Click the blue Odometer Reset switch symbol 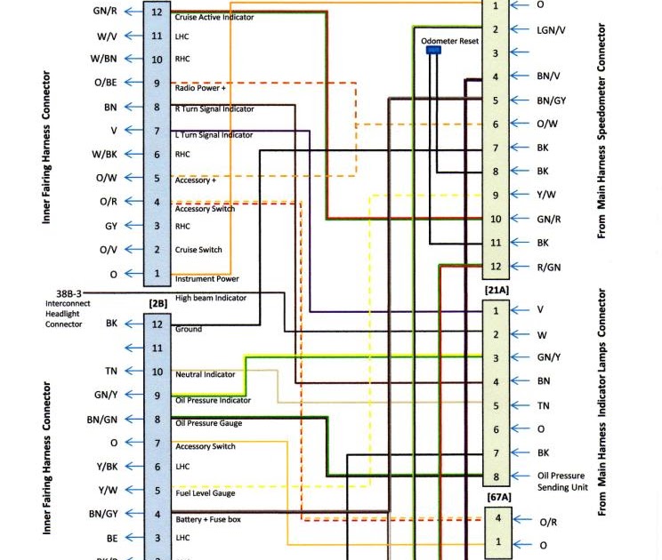pyautogui.click(x=433, y=51)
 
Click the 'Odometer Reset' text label pyautogui.click(x=449, y=41)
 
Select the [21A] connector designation pyautogui.click(x=496, y=290)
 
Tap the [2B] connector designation pyautogui.click(x=158, y=303)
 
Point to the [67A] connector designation pyautogui.click(x=498, y=498)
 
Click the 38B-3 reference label pyautogui.click(x=69, y=292)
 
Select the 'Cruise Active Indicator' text pyautogui.click(x=214, y=17)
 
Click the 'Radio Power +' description pyautogui.click(x=200, y=88)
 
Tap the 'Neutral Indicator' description pyautogui.click(x=206, y=374)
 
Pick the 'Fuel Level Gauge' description pyautogui.click(x=206, y=493)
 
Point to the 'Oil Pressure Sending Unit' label pyautogui.click(x=561, y=482)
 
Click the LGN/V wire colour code pyautogui.click(x=552, y=29)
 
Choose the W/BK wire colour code pyautogui.click(x=104, y=155)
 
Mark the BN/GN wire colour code pyautogui.click(x=102, y=420)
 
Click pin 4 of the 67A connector pyautogui.click(x=497, y=518)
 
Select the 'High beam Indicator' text pyautogui.click(x=211, y=298)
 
